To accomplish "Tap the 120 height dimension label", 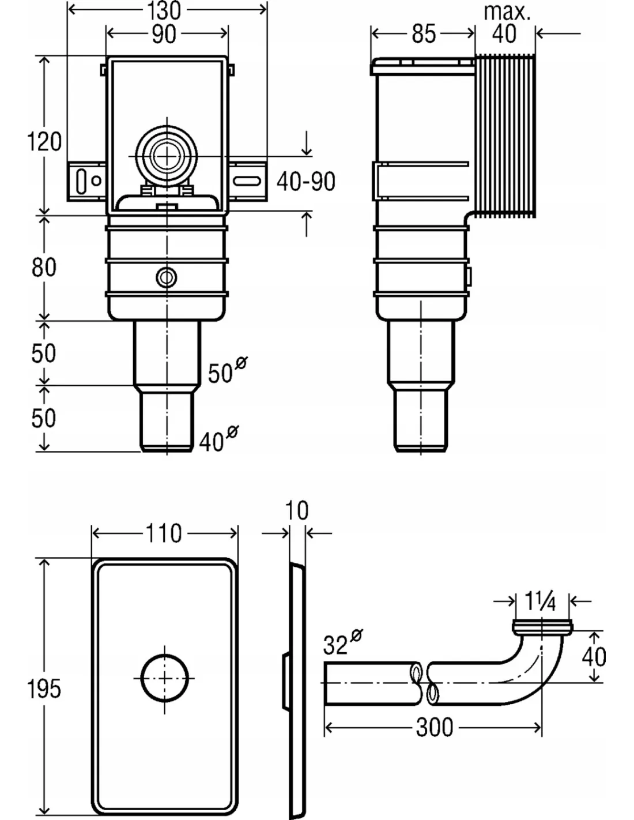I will click(44, 141).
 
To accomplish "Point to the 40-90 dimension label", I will click(305, 182).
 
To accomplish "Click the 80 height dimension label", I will click(44, 268).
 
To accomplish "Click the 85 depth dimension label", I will click(424, 34).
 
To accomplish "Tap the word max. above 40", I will click(507, 12).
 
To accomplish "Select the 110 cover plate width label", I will click(164, 533).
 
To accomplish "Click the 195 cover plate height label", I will click(44, 689).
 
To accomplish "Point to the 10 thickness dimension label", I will click(297, 510).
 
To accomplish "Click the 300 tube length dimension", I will click(434, 727).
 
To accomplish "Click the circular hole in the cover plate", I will click(165, 677).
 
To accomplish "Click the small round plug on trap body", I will click(167, 278).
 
